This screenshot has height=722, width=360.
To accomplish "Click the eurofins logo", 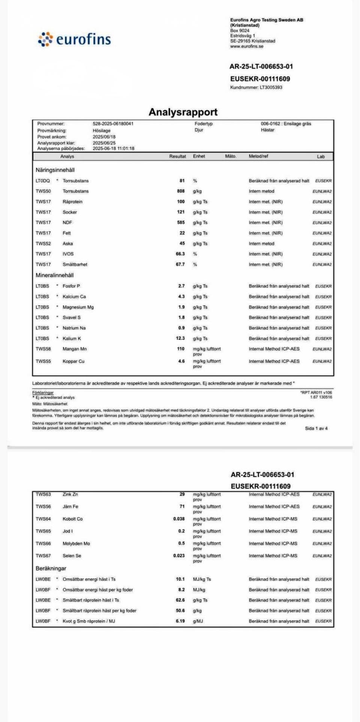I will coord(74,39).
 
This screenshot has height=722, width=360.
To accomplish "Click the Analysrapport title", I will coord(183,112).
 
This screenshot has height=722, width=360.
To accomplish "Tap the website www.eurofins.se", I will coord(247,47).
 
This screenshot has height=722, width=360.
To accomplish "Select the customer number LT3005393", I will coord(271,87).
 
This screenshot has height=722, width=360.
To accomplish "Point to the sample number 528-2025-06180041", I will coord(113,124).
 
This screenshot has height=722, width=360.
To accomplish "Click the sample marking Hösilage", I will coord(102,131).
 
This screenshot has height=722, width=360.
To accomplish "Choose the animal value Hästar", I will coord(268,130).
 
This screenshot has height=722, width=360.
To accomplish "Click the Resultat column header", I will coord(177,156).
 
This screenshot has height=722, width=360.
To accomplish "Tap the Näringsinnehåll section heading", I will coord(55,170).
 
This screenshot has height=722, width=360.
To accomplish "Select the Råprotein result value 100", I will coord(181,202).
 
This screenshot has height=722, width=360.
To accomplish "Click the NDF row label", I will coord(67,223).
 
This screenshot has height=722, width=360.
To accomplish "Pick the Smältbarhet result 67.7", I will coord(180,264).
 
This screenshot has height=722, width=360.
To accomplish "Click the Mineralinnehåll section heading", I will coord(54,275).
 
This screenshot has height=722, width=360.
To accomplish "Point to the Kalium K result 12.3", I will coord(180,338).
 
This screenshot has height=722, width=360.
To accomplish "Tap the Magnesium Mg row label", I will coord(78,307).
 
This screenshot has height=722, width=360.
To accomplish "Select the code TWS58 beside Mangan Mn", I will coord(43,349).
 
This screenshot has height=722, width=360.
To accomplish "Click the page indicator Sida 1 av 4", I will coord(316,428).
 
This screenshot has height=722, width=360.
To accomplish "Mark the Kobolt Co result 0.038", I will coord(179,519).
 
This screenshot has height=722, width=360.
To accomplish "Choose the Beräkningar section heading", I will coord(51,569).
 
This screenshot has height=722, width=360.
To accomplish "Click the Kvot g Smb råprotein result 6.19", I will coord(180,621).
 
